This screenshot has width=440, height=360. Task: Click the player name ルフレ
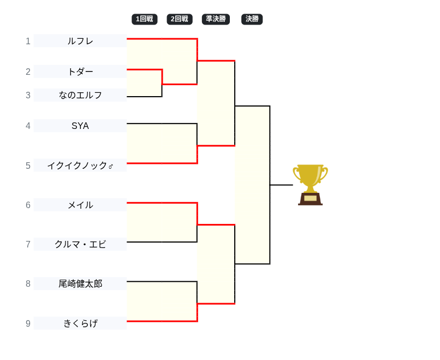[80, 41]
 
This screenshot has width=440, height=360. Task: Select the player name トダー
[80, 72]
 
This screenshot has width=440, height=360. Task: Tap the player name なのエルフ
[80, 95]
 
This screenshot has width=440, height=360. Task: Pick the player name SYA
[80, 126]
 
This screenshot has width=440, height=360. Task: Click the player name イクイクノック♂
[80, 166]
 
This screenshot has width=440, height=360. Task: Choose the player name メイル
[80, 205]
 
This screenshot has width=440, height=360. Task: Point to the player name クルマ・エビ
[80, 244]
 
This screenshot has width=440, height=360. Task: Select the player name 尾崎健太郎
[80, 284]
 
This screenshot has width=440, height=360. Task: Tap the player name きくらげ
[80, 323]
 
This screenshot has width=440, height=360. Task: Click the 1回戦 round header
[145, 19]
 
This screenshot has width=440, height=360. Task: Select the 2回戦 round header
[180, 19]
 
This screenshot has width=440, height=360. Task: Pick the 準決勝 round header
[216, 19]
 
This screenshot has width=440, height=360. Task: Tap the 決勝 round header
[252, 19]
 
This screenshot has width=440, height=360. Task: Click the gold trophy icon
[310, 178]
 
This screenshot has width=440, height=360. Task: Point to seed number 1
[28, 41]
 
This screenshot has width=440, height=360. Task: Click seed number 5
[28, 166]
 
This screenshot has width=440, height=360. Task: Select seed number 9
[28, 323]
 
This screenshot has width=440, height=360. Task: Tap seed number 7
[28, 244]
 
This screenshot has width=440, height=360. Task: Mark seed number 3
[28, 95]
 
